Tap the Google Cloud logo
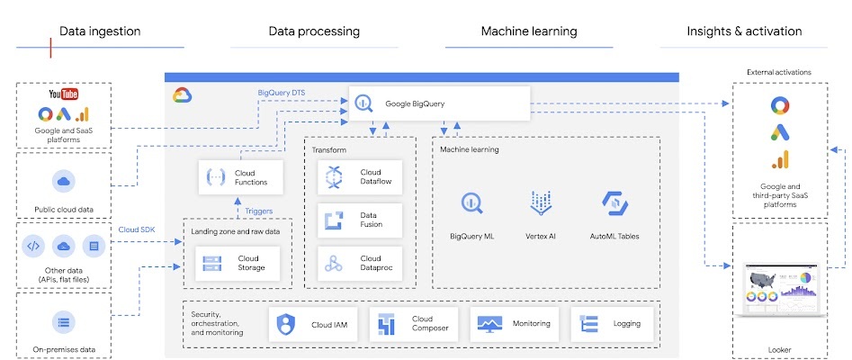pos(183,95)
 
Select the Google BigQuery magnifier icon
pos(363,103)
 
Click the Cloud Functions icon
pos(216,176)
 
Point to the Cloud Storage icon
pos(212,263)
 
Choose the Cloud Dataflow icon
pos(335,177)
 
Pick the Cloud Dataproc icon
pos(335,264)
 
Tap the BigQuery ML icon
pos(472,204)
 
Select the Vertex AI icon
pos(542,204)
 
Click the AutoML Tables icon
pos(614,204)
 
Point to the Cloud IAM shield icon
pos(286,323)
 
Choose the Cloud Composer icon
pos(387,323)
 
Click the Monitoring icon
pos(489,323)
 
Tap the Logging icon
pos(590,323)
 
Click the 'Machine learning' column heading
pos(529,31)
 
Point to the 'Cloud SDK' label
pos(136,229)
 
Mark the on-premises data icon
pos(63,321)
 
